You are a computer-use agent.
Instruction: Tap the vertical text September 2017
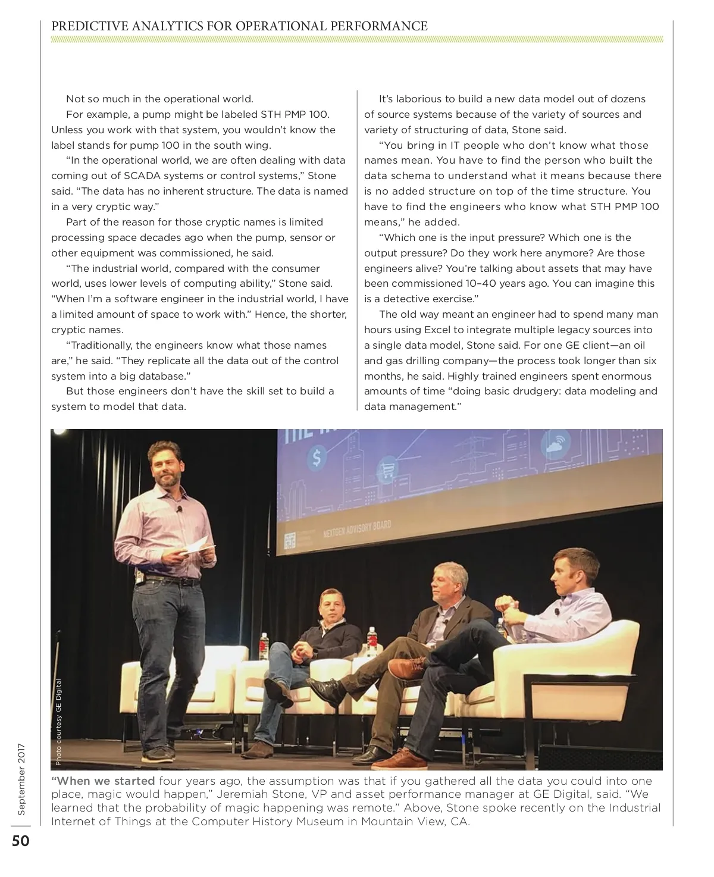pyautogui.click(x=21, y=779)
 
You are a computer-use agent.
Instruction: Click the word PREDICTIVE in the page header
pyautogui.click(x=82, y=26)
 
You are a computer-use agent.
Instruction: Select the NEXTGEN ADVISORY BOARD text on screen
pyautogui.click(x=357, y=529)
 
